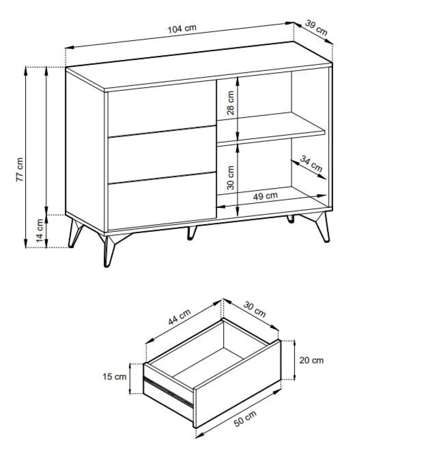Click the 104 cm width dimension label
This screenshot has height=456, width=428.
(x=182, y=29)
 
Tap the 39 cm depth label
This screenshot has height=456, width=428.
(x=316, y=27)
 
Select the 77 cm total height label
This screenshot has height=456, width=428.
(x=19, y=170)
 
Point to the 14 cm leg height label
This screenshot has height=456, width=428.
(x=40, y=230)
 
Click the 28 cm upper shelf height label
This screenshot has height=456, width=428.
(x=230, y=103)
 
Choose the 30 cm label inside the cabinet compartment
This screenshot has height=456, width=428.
(x=230, y=178)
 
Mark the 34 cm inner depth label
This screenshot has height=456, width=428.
(x=311, y=164)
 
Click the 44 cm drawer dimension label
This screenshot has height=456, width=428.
(x=179, y=317)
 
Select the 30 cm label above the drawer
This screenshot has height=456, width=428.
(x=255, y=309)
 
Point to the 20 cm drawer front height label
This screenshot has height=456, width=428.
(x=311, y=360)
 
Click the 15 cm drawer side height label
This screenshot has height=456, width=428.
(x=114, y=377)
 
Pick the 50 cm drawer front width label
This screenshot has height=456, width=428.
(x=245, y=419)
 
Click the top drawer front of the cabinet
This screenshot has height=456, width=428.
(x=162, y=108)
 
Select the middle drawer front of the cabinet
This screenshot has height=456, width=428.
(x=162, y=155)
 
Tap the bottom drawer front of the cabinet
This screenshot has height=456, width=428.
(x=162, y=201)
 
